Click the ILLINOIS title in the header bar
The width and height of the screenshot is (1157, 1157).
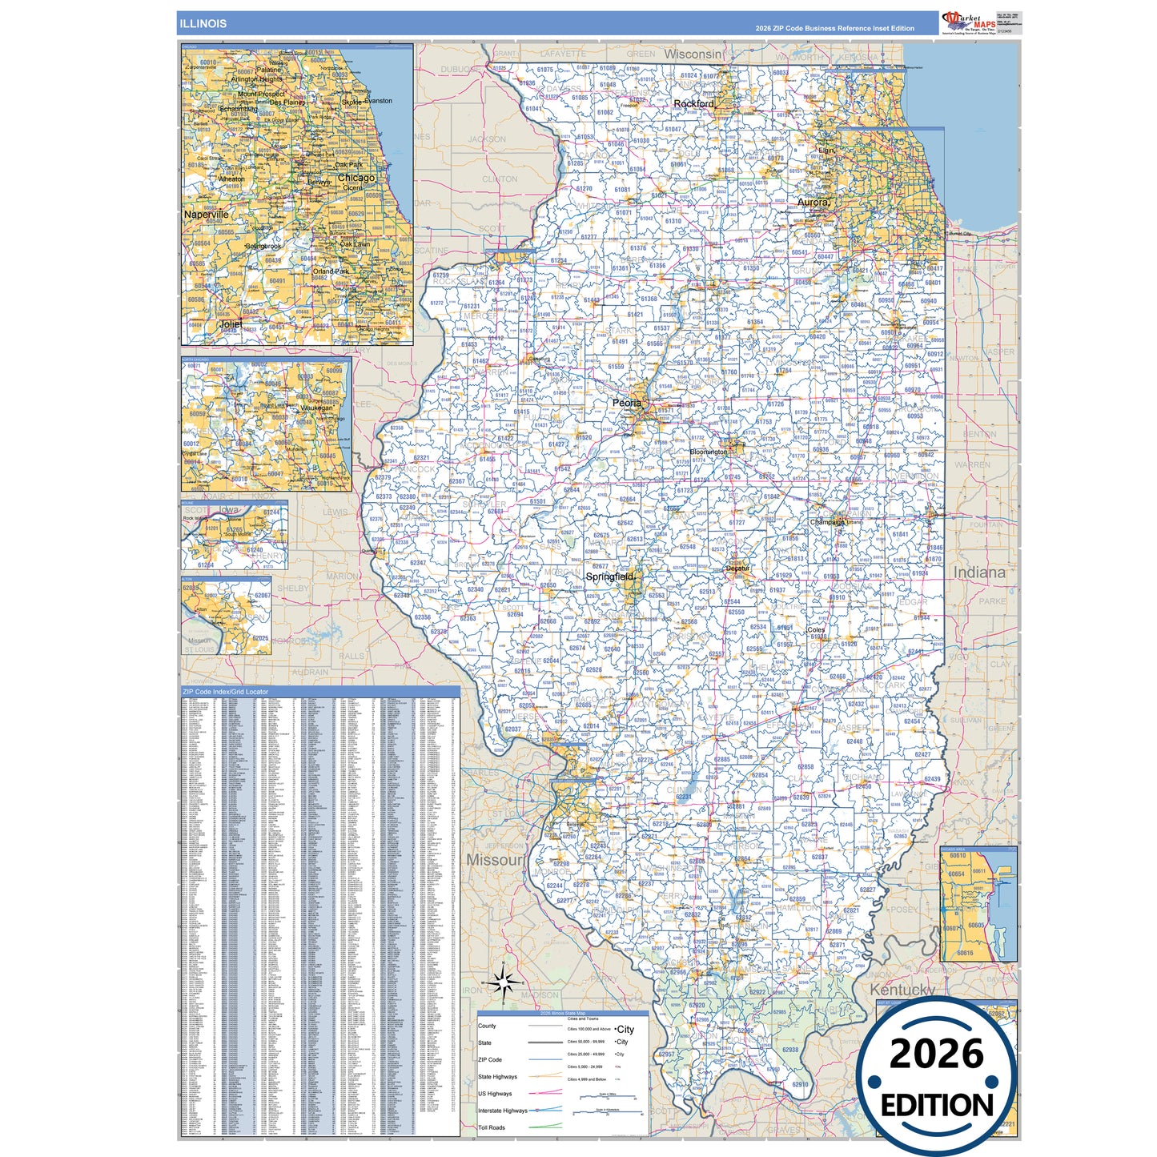(203, 23)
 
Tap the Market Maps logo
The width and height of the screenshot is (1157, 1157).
(968, 22)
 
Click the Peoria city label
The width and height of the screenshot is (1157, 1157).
(626, 403)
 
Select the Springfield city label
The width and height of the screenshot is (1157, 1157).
(609, 576)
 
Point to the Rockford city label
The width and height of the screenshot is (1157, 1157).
(693, 104)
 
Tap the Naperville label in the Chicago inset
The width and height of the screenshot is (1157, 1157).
(207, 215)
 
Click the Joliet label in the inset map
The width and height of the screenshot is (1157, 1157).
(231, 324)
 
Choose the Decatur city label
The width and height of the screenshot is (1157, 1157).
(737, 568)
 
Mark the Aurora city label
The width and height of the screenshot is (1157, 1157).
(813, 203)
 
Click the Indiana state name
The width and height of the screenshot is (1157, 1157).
(978, 572)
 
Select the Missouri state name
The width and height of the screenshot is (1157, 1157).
(494, 859)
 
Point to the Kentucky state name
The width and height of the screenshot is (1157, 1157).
(902, 990)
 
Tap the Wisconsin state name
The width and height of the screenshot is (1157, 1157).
(693, 54)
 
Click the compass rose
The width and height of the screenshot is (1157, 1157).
(503, 982)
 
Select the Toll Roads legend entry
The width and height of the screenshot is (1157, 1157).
(492, 1127)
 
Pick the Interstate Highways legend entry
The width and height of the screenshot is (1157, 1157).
(503, 1111)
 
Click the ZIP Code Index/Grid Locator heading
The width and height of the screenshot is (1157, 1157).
(226, 692)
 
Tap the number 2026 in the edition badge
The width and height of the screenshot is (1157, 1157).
(936, 1054)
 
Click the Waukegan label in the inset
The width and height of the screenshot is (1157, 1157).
(316, 408)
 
